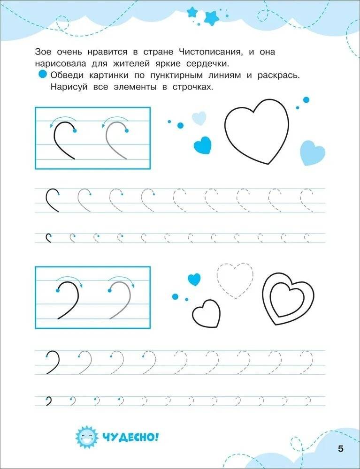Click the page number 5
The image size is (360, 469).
click(x=340, y=449)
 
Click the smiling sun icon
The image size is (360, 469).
click(x=86, y=437)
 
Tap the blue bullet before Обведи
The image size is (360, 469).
click(x=42, y=75)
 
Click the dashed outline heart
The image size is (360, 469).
click(x=234, y=280)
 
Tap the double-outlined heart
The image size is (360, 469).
click(x=288, y=299)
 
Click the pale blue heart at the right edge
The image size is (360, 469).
click(x=312, y=153)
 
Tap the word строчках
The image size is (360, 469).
click(x=192, y=87)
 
